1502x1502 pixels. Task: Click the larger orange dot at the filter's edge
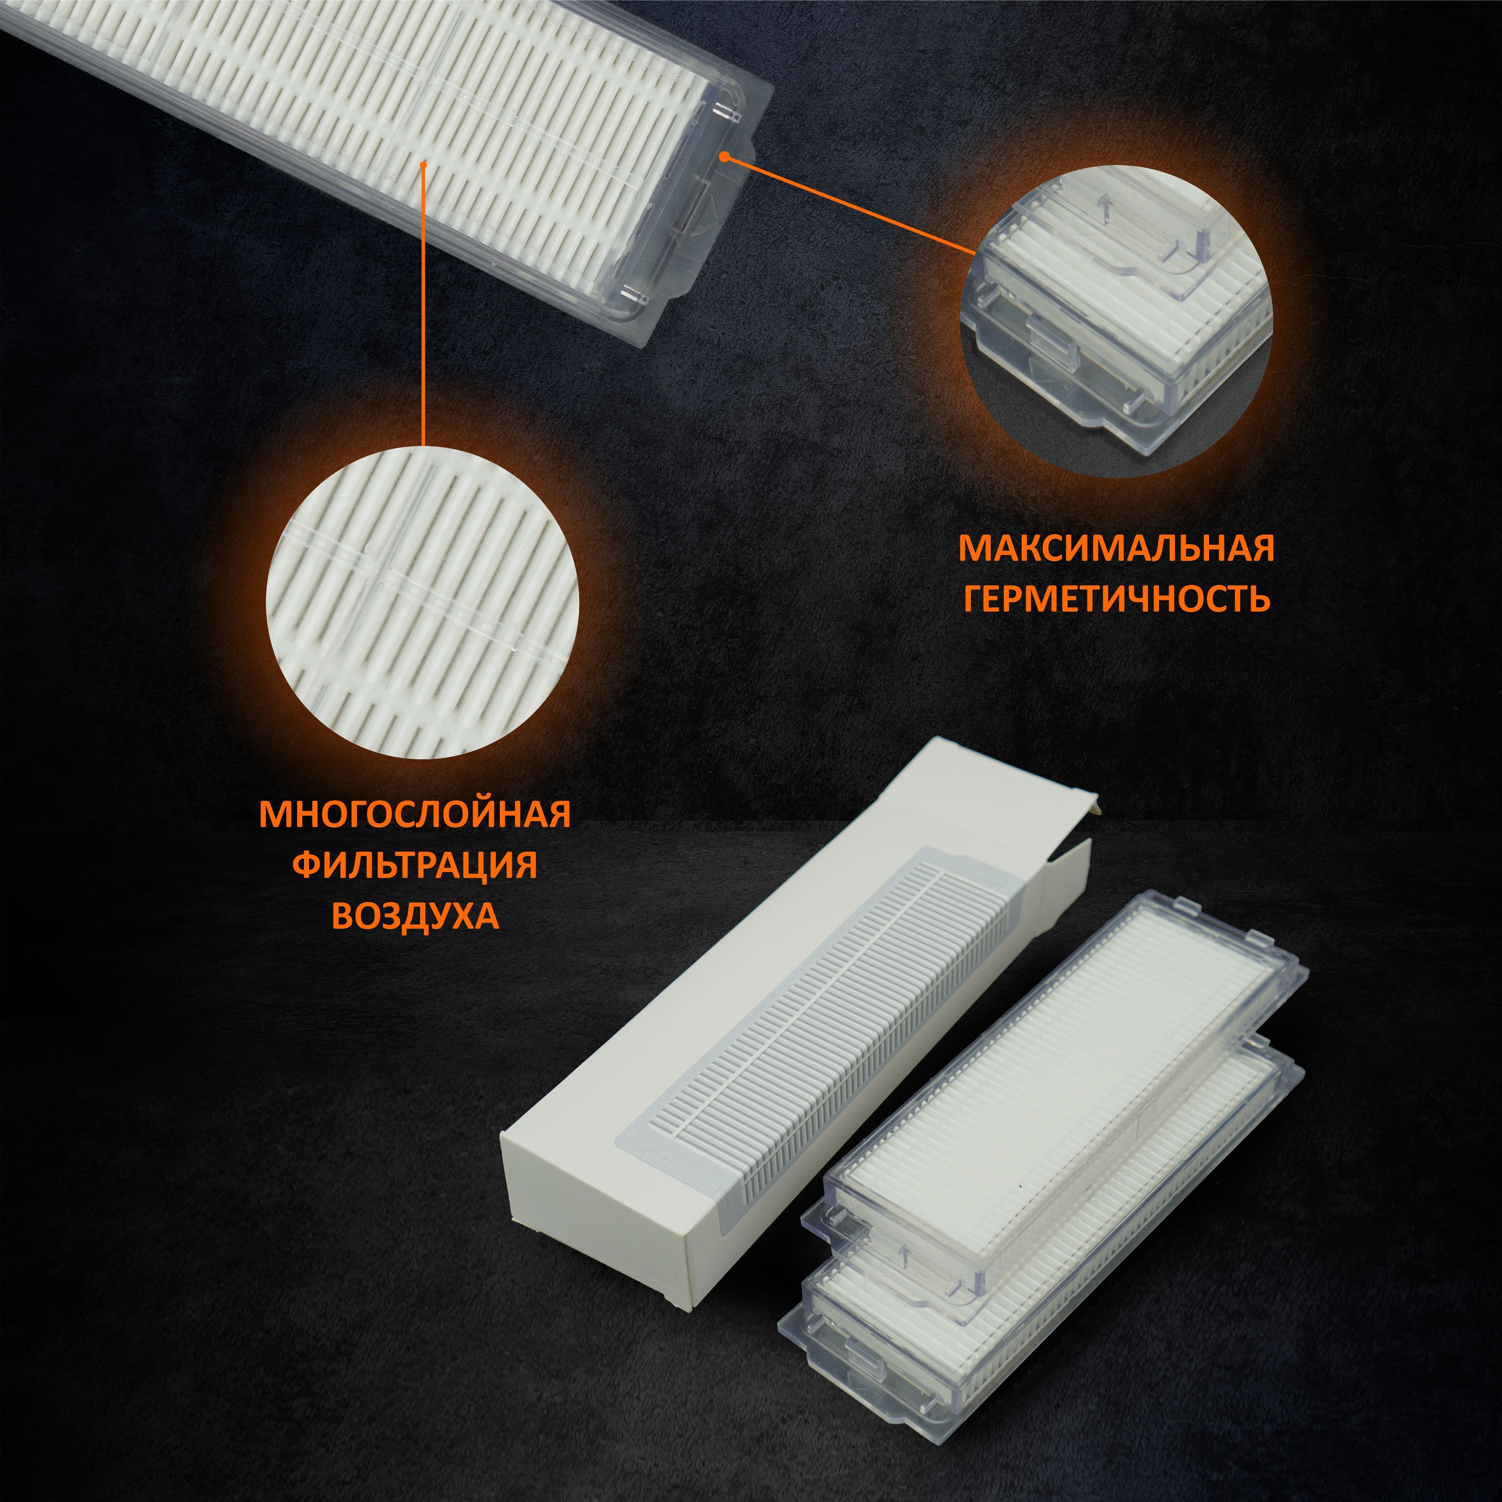coord(724,157)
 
